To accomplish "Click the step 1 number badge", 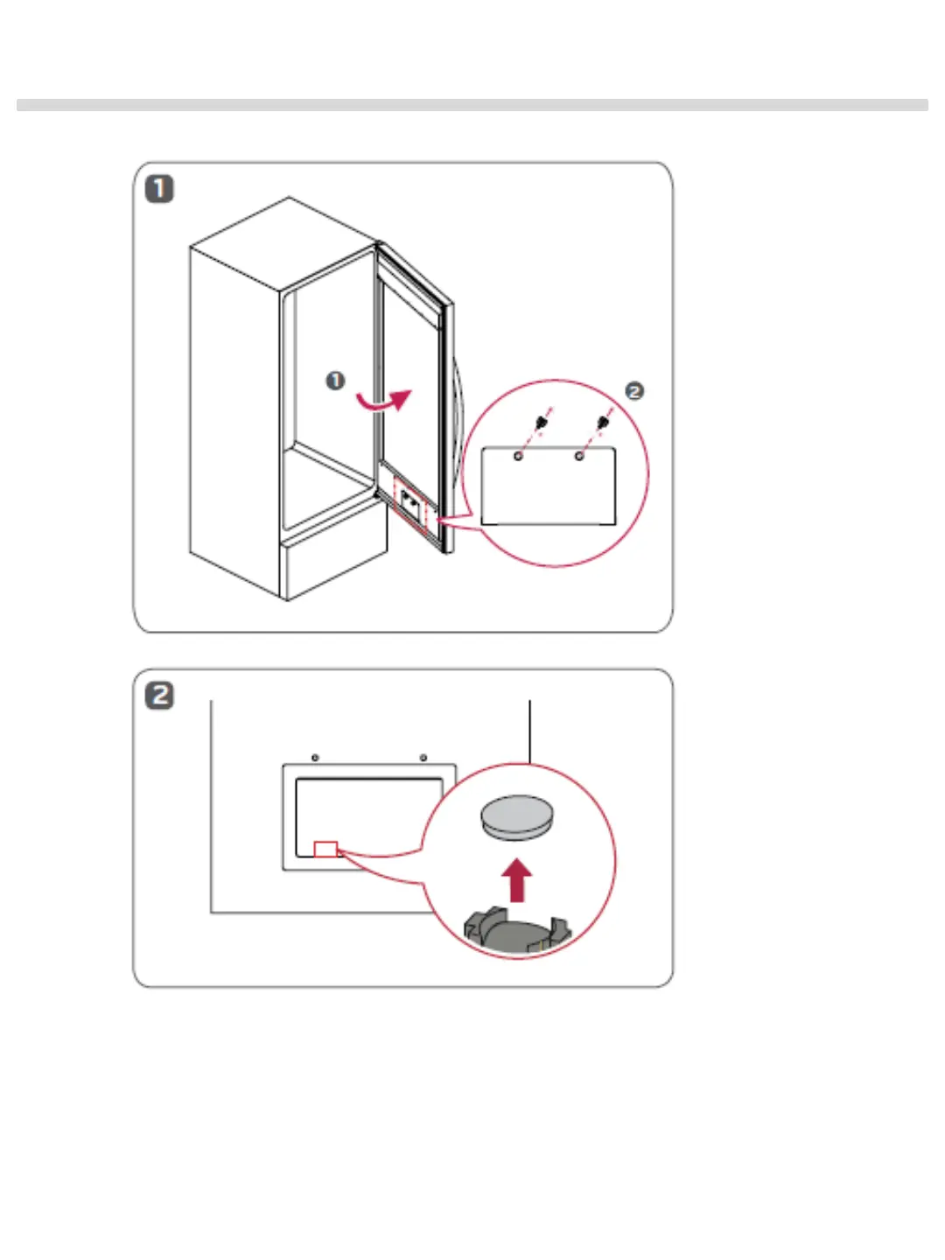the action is click(159, 189).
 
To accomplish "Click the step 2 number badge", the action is click(159, 696).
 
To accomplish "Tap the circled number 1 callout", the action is click(335, 381).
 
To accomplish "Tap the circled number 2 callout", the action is click(634, 391).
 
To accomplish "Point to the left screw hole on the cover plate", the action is click(518, 456).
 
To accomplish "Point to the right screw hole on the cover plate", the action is click(578, 456).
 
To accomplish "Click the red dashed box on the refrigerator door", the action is click(409, 505).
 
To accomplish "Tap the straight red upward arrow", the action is click(518, 879).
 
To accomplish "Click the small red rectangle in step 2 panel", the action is click(325, 849).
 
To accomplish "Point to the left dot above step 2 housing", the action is click(315, 758).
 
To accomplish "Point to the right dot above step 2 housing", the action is click(423, 758).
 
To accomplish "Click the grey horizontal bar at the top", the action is click(472, 105).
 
